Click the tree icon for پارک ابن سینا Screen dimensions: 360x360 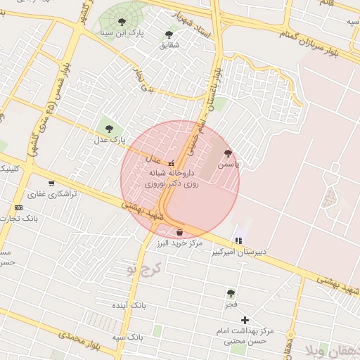(x=122, y=22)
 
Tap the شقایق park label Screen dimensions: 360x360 (x=169, y=45)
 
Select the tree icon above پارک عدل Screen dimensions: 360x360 (x=108, y=127)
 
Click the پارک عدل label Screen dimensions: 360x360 (x=109, y=140)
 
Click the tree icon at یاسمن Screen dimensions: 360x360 (x=227, y=153)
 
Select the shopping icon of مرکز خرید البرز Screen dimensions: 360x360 (x=181, y=231)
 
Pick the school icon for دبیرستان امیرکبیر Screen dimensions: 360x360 (x=237, y=240)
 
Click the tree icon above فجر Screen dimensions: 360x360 (x=231, y=292)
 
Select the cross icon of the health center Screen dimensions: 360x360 (x=245, y=320)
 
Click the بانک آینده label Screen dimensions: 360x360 (x=129, y=307)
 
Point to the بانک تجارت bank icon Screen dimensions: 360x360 (x=18, y=207)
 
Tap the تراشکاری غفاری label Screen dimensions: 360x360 (x=46, y=193)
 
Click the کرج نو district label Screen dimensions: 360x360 (x=147, y=268)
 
